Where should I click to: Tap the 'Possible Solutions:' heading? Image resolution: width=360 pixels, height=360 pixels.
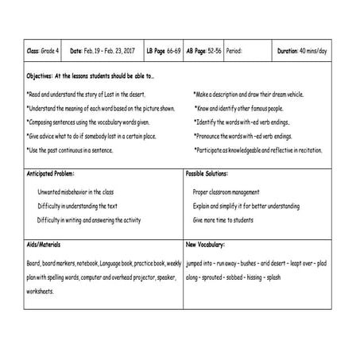point(211,172)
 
